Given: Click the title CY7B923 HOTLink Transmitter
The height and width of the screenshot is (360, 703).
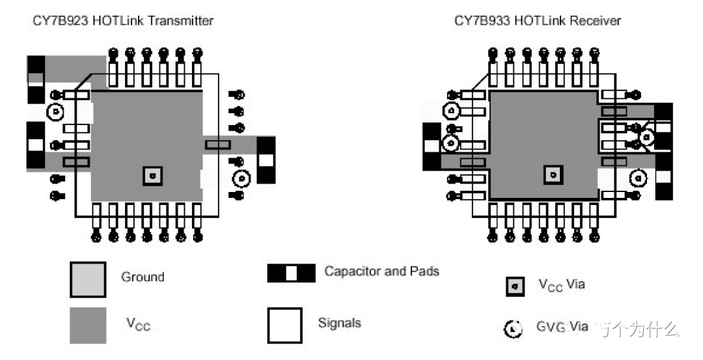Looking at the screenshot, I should coord(123,21).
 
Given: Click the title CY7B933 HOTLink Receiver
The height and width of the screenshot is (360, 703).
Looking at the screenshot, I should coord(537,21).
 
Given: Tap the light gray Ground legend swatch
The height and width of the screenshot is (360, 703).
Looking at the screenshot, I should coord(87,279).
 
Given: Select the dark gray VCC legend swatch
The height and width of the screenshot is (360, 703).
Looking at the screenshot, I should coord(87,325).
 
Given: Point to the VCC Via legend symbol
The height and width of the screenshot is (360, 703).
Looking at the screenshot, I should coord(514,286).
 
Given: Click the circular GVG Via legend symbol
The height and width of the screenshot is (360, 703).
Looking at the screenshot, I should coord(514,329).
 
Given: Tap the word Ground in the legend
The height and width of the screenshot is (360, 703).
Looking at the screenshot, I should coord(143,277).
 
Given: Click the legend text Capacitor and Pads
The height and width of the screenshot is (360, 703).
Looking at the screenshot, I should coord(381,271).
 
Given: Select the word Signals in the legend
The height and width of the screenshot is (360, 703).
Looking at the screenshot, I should coord(339,323).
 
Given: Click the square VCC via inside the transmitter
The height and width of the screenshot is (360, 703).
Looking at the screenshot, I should coord(152,175).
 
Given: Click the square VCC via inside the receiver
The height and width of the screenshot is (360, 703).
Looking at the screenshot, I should coord(553,174).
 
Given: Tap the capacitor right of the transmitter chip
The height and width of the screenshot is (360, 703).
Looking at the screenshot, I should coord(266,159).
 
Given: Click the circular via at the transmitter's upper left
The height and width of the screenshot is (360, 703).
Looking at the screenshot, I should coord(55,113).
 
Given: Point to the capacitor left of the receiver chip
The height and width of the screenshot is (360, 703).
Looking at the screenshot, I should coord(432,146).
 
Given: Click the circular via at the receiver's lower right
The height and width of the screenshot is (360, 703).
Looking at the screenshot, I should coord(638,177).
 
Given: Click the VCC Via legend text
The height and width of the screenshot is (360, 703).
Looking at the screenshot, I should coord(561,284).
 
